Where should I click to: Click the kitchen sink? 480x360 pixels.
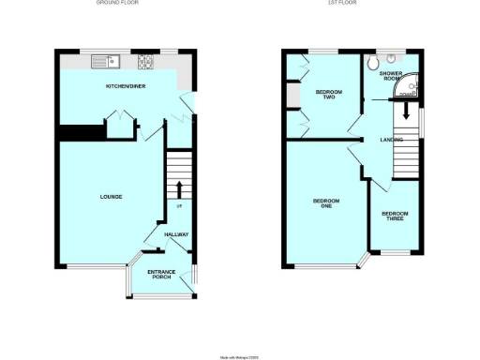tap(104, 63)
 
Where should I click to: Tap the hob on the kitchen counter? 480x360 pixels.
tap(146, 63)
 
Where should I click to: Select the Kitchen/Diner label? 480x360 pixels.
tap(122, 86)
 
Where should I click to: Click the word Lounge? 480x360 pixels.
tap(112, 196)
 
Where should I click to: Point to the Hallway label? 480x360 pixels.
tap(176, 234)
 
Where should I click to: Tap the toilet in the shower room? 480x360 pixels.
tap(374, 63)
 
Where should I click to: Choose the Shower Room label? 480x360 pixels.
tap(391, 75)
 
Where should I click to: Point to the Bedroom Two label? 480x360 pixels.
tap(328, 94)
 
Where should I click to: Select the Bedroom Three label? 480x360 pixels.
tap(394, 217)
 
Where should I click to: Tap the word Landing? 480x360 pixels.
tap(392, 141)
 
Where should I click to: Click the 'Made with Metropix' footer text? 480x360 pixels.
tap(239, 355)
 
